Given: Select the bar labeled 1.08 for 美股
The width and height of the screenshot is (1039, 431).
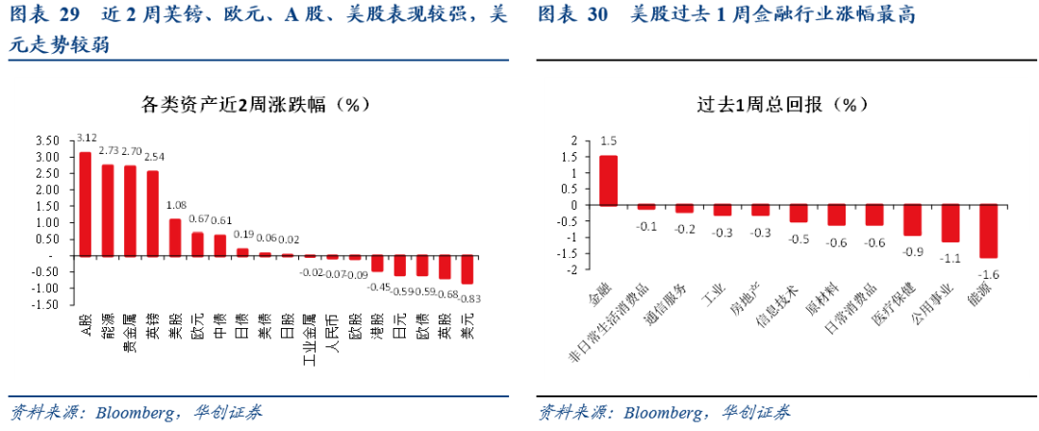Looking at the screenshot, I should point(175,238).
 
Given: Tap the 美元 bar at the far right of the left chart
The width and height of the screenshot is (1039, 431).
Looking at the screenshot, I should point(468,269).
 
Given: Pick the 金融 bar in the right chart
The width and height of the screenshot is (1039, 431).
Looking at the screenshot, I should point(608,181).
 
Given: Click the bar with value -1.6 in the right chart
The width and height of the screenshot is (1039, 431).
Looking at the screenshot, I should point(988,231).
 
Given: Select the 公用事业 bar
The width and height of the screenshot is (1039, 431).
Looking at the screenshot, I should point(950,223).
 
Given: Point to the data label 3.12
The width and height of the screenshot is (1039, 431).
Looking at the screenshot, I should point(87,139).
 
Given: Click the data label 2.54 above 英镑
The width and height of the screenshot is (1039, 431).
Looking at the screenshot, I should point(154,157).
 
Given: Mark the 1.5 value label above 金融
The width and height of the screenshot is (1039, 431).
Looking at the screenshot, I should point(608,141).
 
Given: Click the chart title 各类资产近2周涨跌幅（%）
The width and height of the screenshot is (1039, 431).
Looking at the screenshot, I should point(256,104).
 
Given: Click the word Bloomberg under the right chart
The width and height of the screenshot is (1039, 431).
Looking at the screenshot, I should point(663,414).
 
